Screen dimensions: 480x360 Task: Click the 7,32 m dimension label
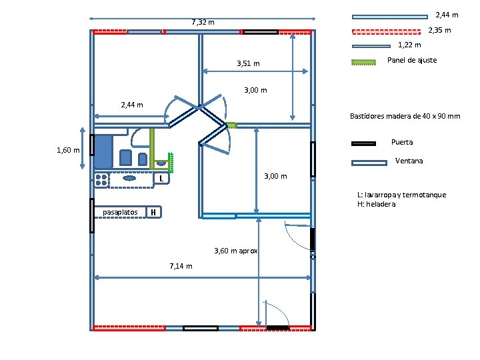(x=203, y=23)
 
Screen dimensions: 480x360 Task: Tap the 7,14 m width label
(x=181, y=266)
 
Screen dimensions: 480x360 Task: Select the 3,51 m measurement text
(x=248, y=64)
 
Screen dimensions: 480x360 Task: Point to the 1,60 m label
(x=68, y=150)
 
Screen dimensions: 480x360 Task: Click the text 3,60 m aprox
(x=236, y=251)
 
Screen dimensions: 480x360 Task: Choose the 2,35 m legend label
(x=439, y=30)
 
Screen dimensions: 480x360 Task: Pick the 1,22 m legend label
(x=409, y=45)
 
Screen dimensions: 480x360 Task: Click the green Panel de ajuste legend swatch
(x=364, y=62)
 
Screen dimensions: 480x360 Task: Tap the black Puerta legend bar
(x=364, y=143)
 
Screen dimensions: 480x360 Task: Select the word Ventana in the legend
(x=409, y=161)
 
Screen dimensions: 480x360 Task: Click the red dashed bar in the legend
(x=389, y=31)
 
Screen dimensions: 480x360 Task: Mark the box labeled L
(x=161, y=179)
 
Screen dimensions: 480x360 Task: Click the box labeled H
(x=153, y=213)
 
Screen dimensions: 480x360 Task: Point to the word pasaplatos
(x=120, y=213)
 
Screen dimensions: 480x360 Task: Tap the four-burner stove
(x=101, y=179)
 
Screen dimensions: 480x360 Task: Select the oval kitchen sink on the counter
(x=129, y=178)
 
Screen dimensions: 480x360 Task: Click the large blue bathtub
(x=103, y=151)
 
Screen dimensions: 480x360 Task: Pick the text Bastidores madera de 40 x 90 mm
(x=405, y=117)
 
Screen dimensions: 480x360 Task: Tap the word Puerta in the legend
(x=402, y=142)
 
